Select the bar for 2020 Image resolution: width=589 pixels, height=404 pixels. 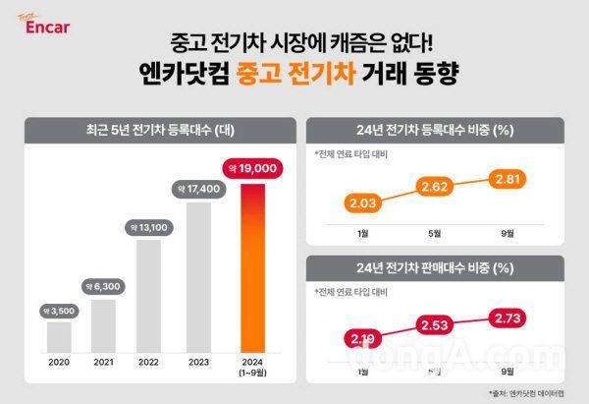[x=60, y=335]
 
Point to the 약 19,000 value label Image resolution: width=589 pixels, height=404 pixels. [x=253, y=168]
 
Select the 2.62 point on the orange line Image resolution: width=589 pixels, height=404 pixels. [x=436, y=186]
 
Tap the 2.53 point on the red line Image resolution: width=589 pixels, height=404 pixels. [x=436, y=325]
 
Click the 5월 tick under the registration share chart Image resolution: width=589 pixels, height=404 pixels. [x=436, y=234]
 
